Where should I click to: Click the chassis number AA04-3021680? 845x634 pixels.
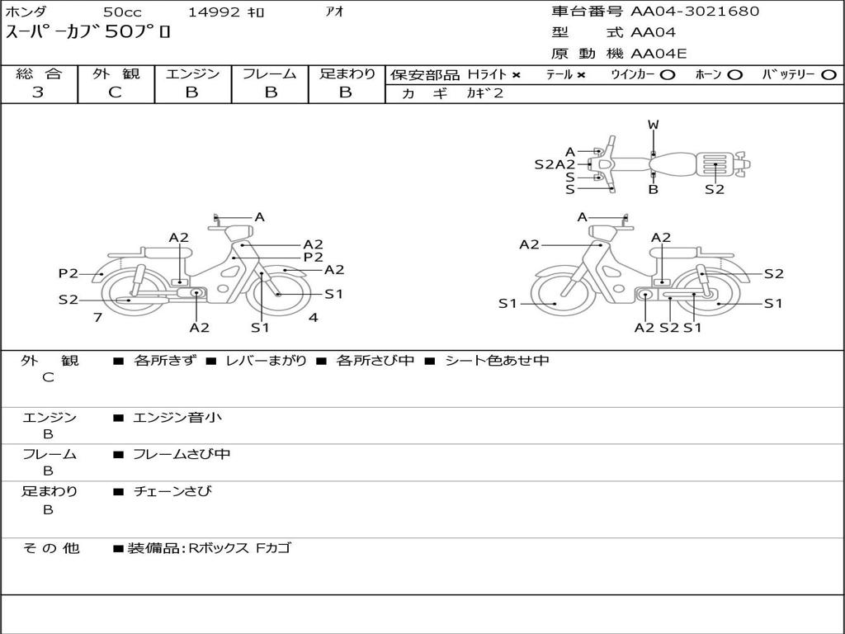pyautogui.click(x=695, y=12)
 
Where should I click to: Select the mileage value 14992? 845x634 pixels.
pyautogui.click(x=214, y=12)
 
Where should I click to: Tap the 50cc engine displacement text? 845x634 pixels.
pyautogui.click(x=122, y=12)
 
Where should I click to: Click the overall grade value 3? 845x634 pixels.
pyautogui.click(x=38, y=92)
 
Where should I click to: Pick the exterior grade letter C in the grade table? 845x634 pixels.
pyautogui.click(x=115, y=92)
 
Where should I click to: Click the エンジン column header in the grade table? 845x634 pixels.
pyautogui.click(x=192, y=73)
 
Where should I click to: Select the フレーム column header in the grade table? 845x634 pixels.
pyautogui.click(x=270, y=73)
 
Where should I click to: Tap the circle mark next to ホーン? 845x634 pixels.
pyautogui.click(x=734, y=75)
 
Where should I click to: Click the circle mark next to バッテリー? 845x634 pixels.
pyautogui.click(x=829, y=75)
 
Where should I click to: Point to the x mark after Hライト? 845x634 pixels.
pyautogui.click(x=517, y=75)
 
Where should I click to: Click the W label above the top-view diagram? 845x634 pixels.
pyautogui.click(x=654, y=125)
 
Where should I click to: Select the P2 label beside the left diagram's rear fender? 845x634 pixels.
pyautogui.click(x=68, y=273)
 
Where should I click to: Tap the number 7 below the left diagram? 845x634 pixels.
pyautogui.click(x=97, y=317)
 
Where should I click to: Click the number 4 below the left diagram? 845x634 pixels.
pyautogui.click(x=313, y=317)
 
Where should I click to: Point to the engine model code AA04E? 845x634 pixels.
pyautogui.click(x=659, y=54)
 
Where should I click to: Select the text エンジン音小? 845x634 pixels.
pyautogui.click(x=177, y=417)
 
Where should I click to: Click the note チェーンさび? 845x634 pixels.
pyautogui.click(x=172, y=491)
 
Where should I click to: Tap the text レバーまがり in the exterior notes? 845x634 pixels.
pyautogui.click(x=266, y=360)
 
